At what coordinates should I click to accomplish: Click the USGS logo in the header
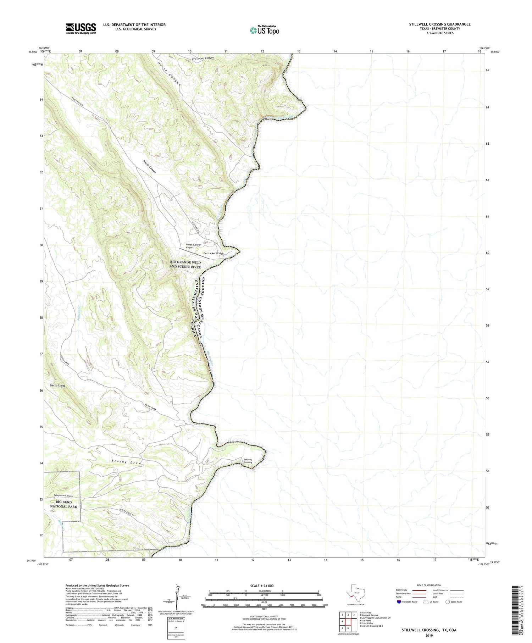pyautogui.click(x=81, y=28)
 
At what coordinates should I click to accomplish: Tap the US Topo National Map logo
pyautogui.click(x=265, y=31)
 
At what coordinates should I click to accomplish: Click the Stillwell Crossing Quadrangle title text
pyautogui.click(x=439, y=24)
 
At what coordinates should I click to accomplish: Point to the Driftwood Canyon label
pyautogui.click(x=203, y=58)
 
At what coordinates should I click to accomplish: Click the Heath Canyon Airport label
pyautogui.click(x=193, y=246)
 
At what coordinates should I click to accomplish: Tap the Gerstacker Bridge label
pyautogui.click(x=213, y=253)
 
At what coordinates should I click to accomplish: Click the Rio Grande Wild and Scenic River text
pyautogui.click(x=185, y=265)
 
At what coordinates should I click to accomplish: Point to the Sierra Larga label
pyautogui.click(x=57, y=385)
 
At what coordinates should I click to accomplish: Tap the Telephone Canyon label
pyautogui.click(x=63, y=495)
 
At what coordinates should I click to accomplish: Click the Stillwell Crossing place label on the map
pyautogui.click(x=248, y=461)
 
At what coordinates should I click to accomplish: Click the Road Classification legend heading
pyautogui.click(x=429, y=585)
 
